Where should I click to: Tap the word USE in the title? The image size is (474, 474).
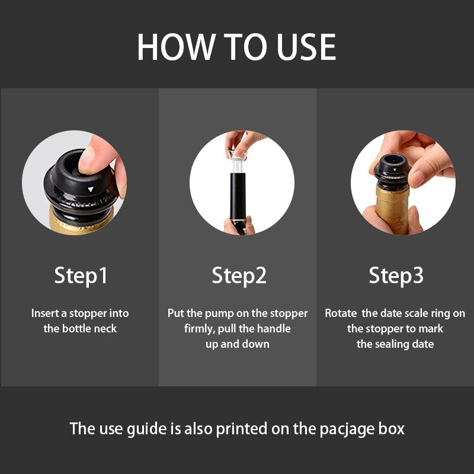point(306,47)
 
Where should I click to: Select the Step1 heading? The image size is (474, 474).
point(81,276)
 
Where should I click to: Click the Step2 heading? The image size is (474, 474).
point(239,276)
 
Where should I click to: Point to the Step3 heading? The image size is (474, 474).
point(396,276)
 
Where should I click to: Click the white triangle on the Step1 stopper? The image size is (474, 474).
point(91,189)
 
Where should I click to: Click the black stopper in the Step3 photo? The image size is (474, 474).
point(392,172)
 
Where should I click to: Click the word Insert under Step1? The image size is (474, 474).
point(46,313)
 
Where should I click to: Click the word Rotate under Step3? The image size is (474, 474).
point(341,313)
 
